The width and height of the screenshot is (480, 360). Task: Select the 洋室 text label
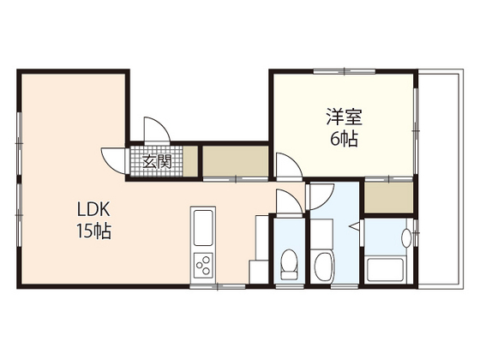[342, 113]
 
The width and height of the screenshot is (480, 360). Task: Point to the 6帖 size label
[342, 137]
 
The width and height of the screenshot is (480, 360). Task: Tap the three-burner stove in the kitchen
[203, 267]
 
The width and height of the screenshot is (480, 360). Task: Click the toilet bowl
[288, 262]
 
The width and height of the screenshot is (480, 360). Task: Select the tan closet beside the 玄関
[236, 161]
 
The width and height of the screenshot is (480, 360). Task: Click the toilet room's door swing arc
[286, 202]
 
